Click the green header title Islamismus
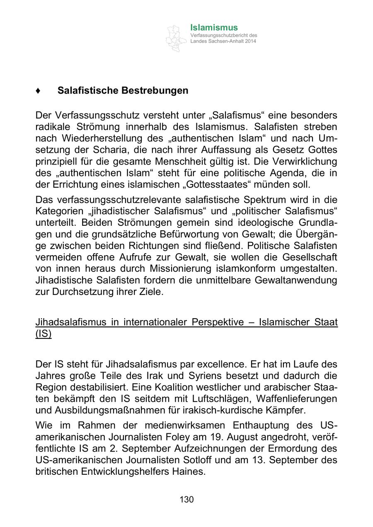pos(214,28)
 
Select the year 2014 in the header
pos(250,41)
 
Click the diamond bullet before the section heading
pos(38,90)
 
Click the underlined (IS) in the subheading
pos(44,334)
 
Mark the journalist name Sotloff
pos(197,460)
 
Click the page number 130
pos(186,500)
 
